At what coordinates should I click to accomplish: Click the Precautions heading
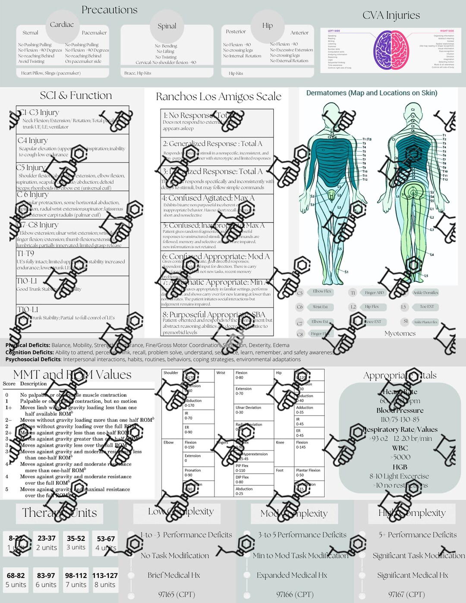point(109,10)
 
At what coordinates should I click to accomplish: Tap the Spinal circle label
point(167,26)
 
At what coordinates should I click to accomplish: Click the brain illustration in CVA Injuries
point(391,50)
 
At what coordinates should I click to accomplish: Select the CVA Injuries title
point(391,16)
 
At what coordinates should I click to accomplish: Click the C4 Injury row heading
point(33,141)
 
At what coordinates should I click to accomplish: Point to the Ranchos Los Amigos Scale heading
point(218,97)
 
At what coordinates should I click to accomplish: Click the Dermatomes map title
point(372,93)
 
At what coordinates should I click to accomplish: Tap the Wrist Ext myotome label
point(320,307)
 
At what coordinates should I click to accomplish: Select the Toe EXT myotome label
point(427,307)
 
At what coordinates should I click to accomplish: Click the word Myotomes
point(400,333)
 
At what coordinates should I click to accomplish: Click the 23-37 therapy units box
point(47,543)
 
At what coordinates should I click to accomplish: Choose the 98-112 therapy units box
point(76,580)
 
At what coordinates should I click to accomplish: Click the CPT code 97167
point(406,594)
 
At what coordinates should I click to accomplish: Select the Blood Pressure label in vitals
point(400,410)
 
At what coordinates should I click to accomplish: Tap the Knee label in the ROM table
point(280,443)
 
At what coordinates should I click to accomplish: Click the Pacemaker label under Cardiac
point(94,33)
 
